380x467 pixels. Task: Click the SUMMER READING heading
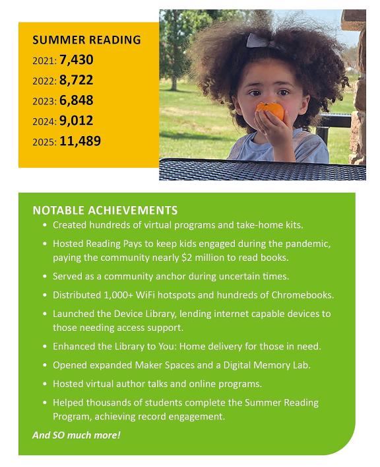click(86, 40)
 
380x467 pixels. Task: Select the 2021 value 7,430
click(76, 60)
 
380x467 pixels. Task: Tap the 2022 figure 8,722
click(76, 81)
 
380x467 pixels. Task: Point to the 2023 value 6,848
click(76, 100)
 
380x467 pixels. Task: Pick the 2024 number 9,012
click(76, 121)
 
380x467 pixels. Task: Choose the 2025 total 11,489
click(80, 141)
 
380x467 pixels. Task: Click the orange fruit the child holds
click(271, 110)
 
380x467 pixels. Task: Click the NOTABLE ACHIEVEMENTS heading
click(105, 211)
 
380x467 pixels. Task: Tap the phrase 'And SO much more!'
click(77, 435)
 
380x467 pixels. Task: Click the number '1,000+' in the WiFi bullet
click(115, 295)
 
